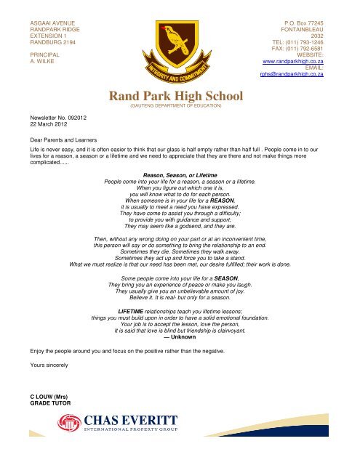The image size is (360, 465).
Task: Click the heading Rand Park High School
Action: point(179,96)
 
